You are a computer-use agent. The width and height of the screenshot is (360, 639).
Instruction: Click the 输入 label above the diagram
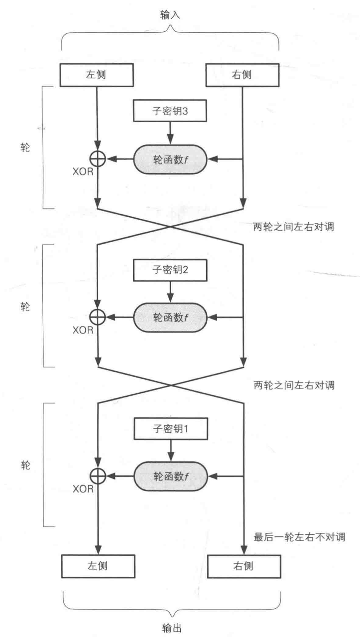[x=170, y=15]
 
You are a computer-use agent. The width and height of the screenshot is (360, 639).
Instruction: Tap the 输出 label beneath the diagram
[x=171, y=627]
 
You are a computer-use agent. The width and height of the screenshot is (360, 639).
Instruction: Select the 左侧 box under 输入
[x=97, y=75]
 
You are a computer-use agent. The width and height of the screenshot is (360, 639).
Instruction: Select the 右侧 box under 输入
[x=242, y=75]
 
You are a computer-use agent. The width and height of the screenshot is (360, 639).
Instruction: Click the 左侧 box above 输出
[x=98, y=566]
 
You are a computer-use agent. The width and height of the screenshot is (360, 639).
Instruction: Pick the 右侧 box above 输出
[x=244, y=566]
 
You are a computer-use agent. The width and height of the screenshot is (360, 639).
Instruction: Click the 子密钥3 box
[x=170, y=111]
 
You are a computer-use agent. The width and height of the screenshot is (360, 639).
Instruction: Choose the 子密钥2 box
[x=170, y=270]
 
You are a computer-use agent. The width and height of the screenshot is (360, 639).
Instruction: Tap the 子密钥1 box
[x=171, y=429]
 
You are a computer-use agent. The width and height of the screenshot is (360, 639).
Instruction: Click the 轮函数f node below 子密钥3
[x=170, y=159]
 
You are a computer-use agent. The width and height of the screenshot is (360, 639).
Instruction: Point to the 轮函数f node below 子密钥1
[x=171, y=476]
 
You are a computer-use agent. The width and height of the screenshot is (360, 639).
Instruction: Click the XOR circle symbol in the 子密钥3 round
[x=98, y=159]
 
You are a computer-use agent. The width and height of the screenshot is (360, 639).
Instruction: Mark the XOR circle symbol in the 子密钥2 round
[x=98, y=317]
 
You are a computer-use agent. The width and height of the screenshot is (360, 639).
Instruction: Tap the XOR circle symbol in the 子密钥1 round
[x=98, y=476]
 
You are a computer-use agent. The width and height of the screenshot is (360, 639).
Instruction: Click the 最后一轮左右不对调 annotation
[x=299, y=537]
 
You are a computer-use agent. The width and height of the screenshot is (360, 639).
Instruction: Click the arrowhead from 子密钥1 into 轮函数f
[x=171, y=457]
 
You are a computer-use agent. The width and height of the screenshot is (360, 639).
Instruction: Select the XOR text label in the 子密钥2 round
[x=83, y=330]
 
